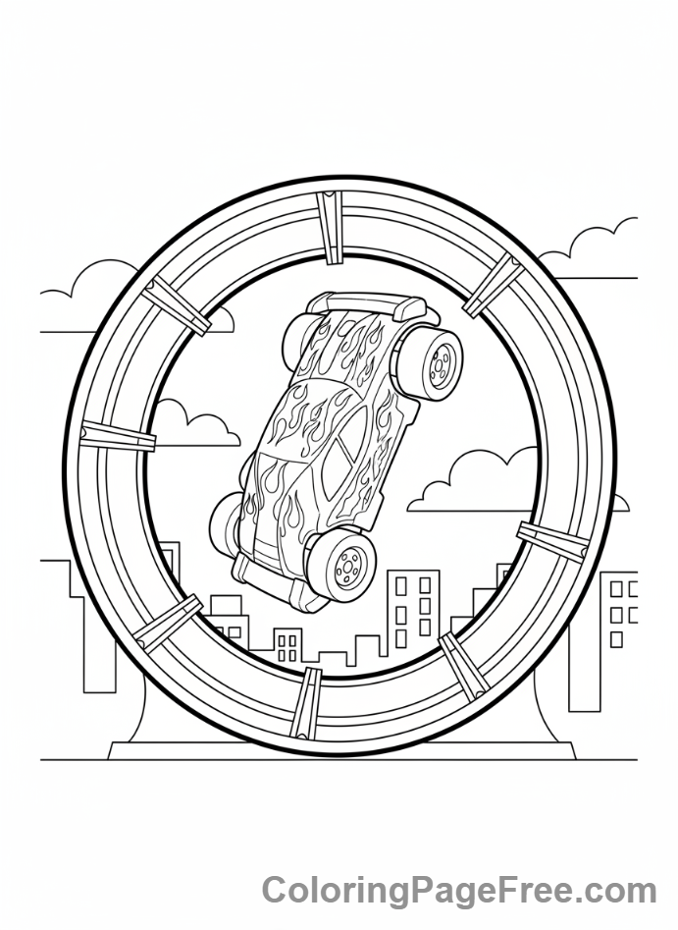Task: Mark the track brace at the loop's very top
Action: click(x=329, y=227)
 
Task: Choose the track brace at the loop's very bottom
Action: click(x=306, y=704)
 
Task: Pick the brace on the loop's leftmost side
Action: click(x=118, y=436)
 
